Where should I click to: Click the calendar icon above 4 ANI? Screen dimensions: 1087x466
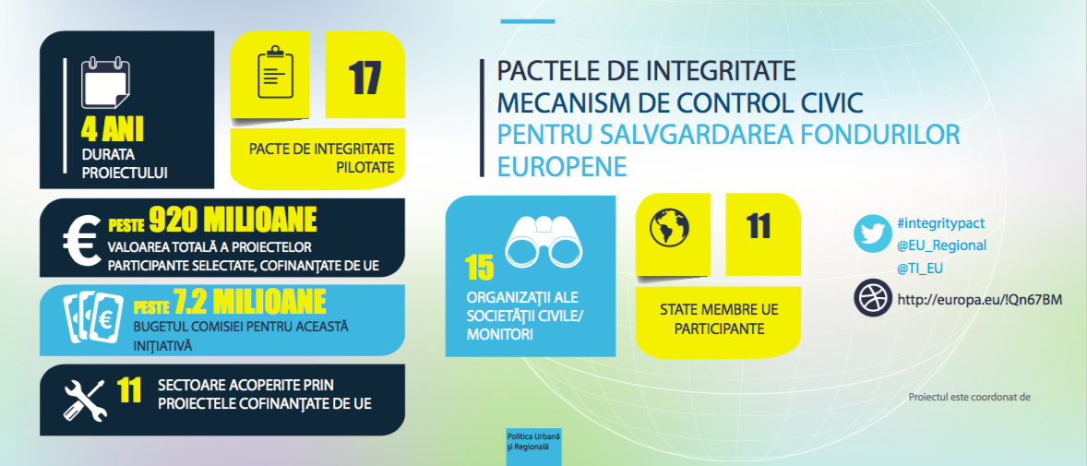[x=105, y=83]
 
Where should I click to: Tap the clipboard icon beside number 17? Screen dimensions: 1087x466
[x=275, y=72]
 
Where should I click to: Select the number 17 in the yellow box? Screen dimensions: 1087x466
[x=364, y=78]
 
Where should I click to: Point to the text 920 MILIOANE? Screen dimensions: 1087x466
[x=233, y=221]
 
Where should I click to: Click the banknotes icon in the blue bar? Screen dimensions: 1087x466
[x=93, y=317]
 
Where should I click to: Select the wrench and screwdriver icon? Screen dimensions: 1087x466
[x=85, y=400]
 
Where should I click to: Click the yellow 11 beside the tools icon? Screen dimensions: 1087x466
[x=129, y=390]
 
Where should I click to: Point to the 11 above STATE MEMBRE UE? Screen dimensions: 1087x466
[x=759, y=226]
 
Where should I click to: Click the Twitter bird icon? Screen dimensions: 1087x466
[x=872, y=233]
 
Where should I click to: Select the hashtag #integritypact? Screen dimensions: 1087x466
[x=940, y=223]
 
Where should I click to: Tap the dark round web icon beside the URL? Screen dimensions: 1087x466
[x=872, y=297]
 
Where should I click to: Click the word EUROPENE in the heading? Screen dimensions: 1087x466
[x=562, y=166]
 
